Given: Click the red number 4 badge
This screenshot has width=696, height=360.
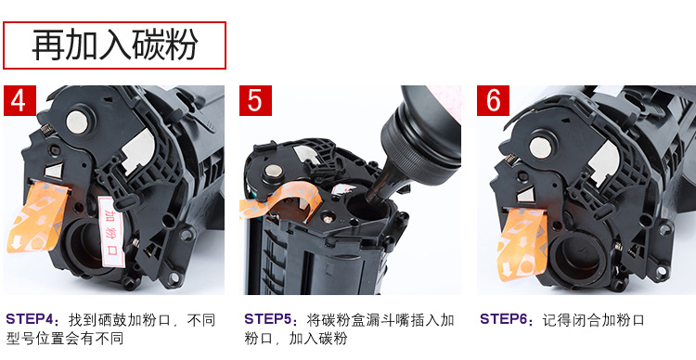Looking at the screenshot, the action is tap(20, 101).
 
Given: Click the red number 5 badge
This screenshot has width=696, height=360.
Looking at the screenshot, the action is tap(255, 101).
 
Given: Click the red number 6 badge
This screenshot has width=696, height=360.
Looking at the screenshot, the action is tap(493, 101).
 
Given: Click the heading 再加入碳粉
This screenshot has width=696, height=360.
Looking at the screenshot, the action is tap(114, 45).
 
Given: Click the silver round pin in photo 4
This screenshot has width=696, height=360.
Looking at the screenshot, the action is tap(77, 122).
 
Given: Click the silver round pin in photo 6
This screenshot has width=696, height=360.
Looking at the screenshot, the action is tap(540, 147).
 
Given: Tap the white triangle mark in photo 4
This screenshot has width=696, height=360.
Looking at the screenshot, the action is tap(55, 171).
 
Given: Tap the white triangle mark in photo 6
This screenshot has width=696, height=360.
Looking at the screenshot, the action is tap(525, 195).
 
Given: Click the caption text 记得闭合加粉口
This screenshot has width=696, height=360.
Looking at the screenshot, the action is tap(593, 319).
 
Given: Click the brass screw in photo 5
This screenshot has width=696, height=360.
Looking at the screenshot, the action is tap(328, 219).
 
